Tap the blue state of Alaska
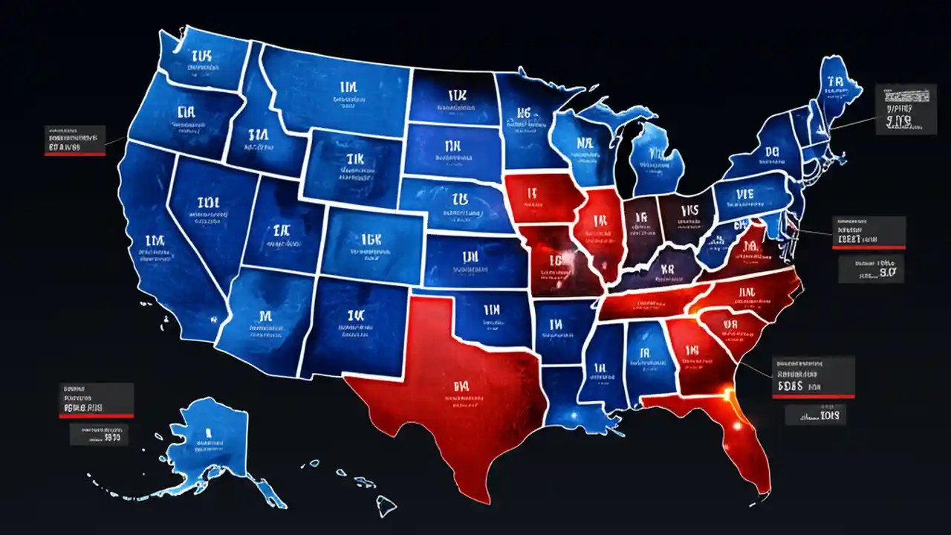[208, 438]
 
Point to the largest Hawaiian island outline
[385, 507]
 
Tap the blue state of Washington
[201, 59]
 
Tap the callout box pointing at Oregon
[74, 141]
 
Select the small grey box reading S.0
[871, 269]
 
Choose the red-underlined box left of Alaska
[97, 400]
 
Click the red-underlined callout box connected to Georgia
[814, 377]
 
